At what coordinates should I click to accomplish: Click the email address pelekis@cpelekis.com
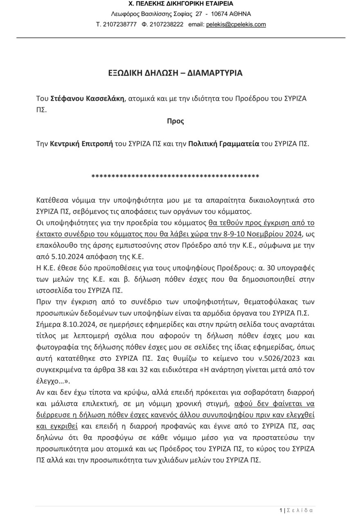click(236, 25)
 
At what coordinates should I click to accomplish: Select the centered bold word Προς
click(175, 121)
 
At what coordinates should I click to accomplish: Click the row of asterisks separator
click(175, 177)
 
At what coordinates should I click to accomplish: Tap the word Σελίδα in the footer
click(300, 510)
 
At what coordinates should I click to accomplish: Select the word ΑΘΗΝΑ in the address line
click(240, 14)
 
